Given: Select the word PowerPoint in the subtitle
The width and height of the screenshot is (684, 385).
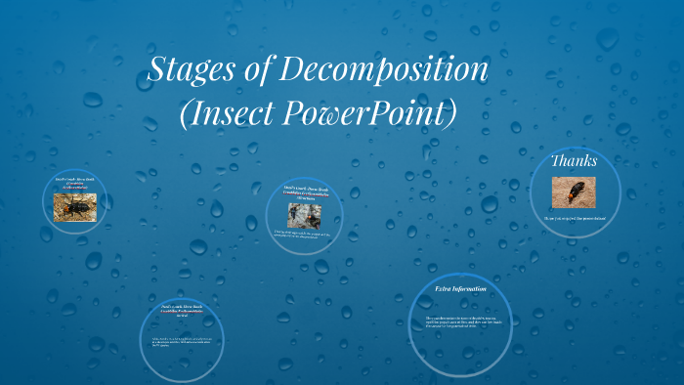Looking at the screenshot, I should (374, 113).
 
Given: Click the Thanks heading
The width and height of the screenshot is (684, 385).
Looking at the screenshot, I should (574, 160).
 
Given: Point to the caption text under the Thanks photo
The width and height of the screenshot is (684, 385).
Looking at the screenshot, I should (574, 217).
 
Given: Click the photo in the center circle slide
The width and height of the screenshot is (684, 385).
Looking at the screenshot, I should (304, 214).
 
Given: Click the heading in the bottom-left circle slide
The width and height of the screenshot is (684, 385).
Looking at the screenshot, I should (180, 312).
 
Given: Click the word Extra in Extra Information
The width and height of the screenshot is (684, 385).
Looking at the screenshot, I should (446, 289).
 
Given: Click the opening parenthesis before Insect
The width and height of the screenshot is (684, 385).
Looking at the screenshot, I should (188, 114).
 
